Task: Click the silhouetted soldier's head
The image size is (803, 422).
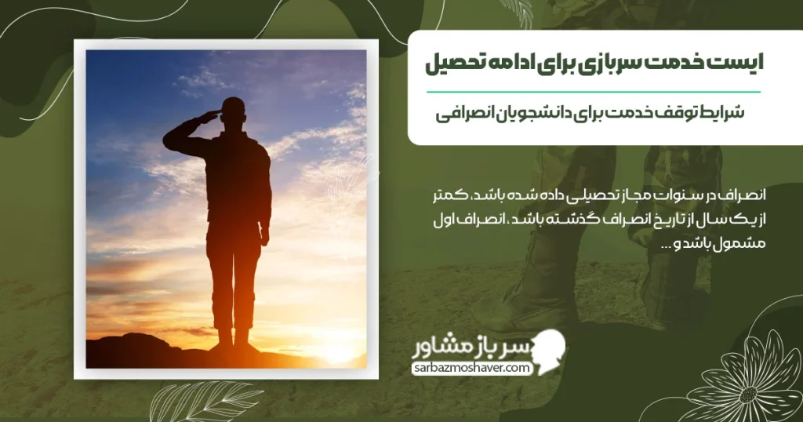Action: coord(233,111)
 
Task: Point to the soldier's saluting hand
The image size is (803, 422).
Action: coord(209,117)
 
